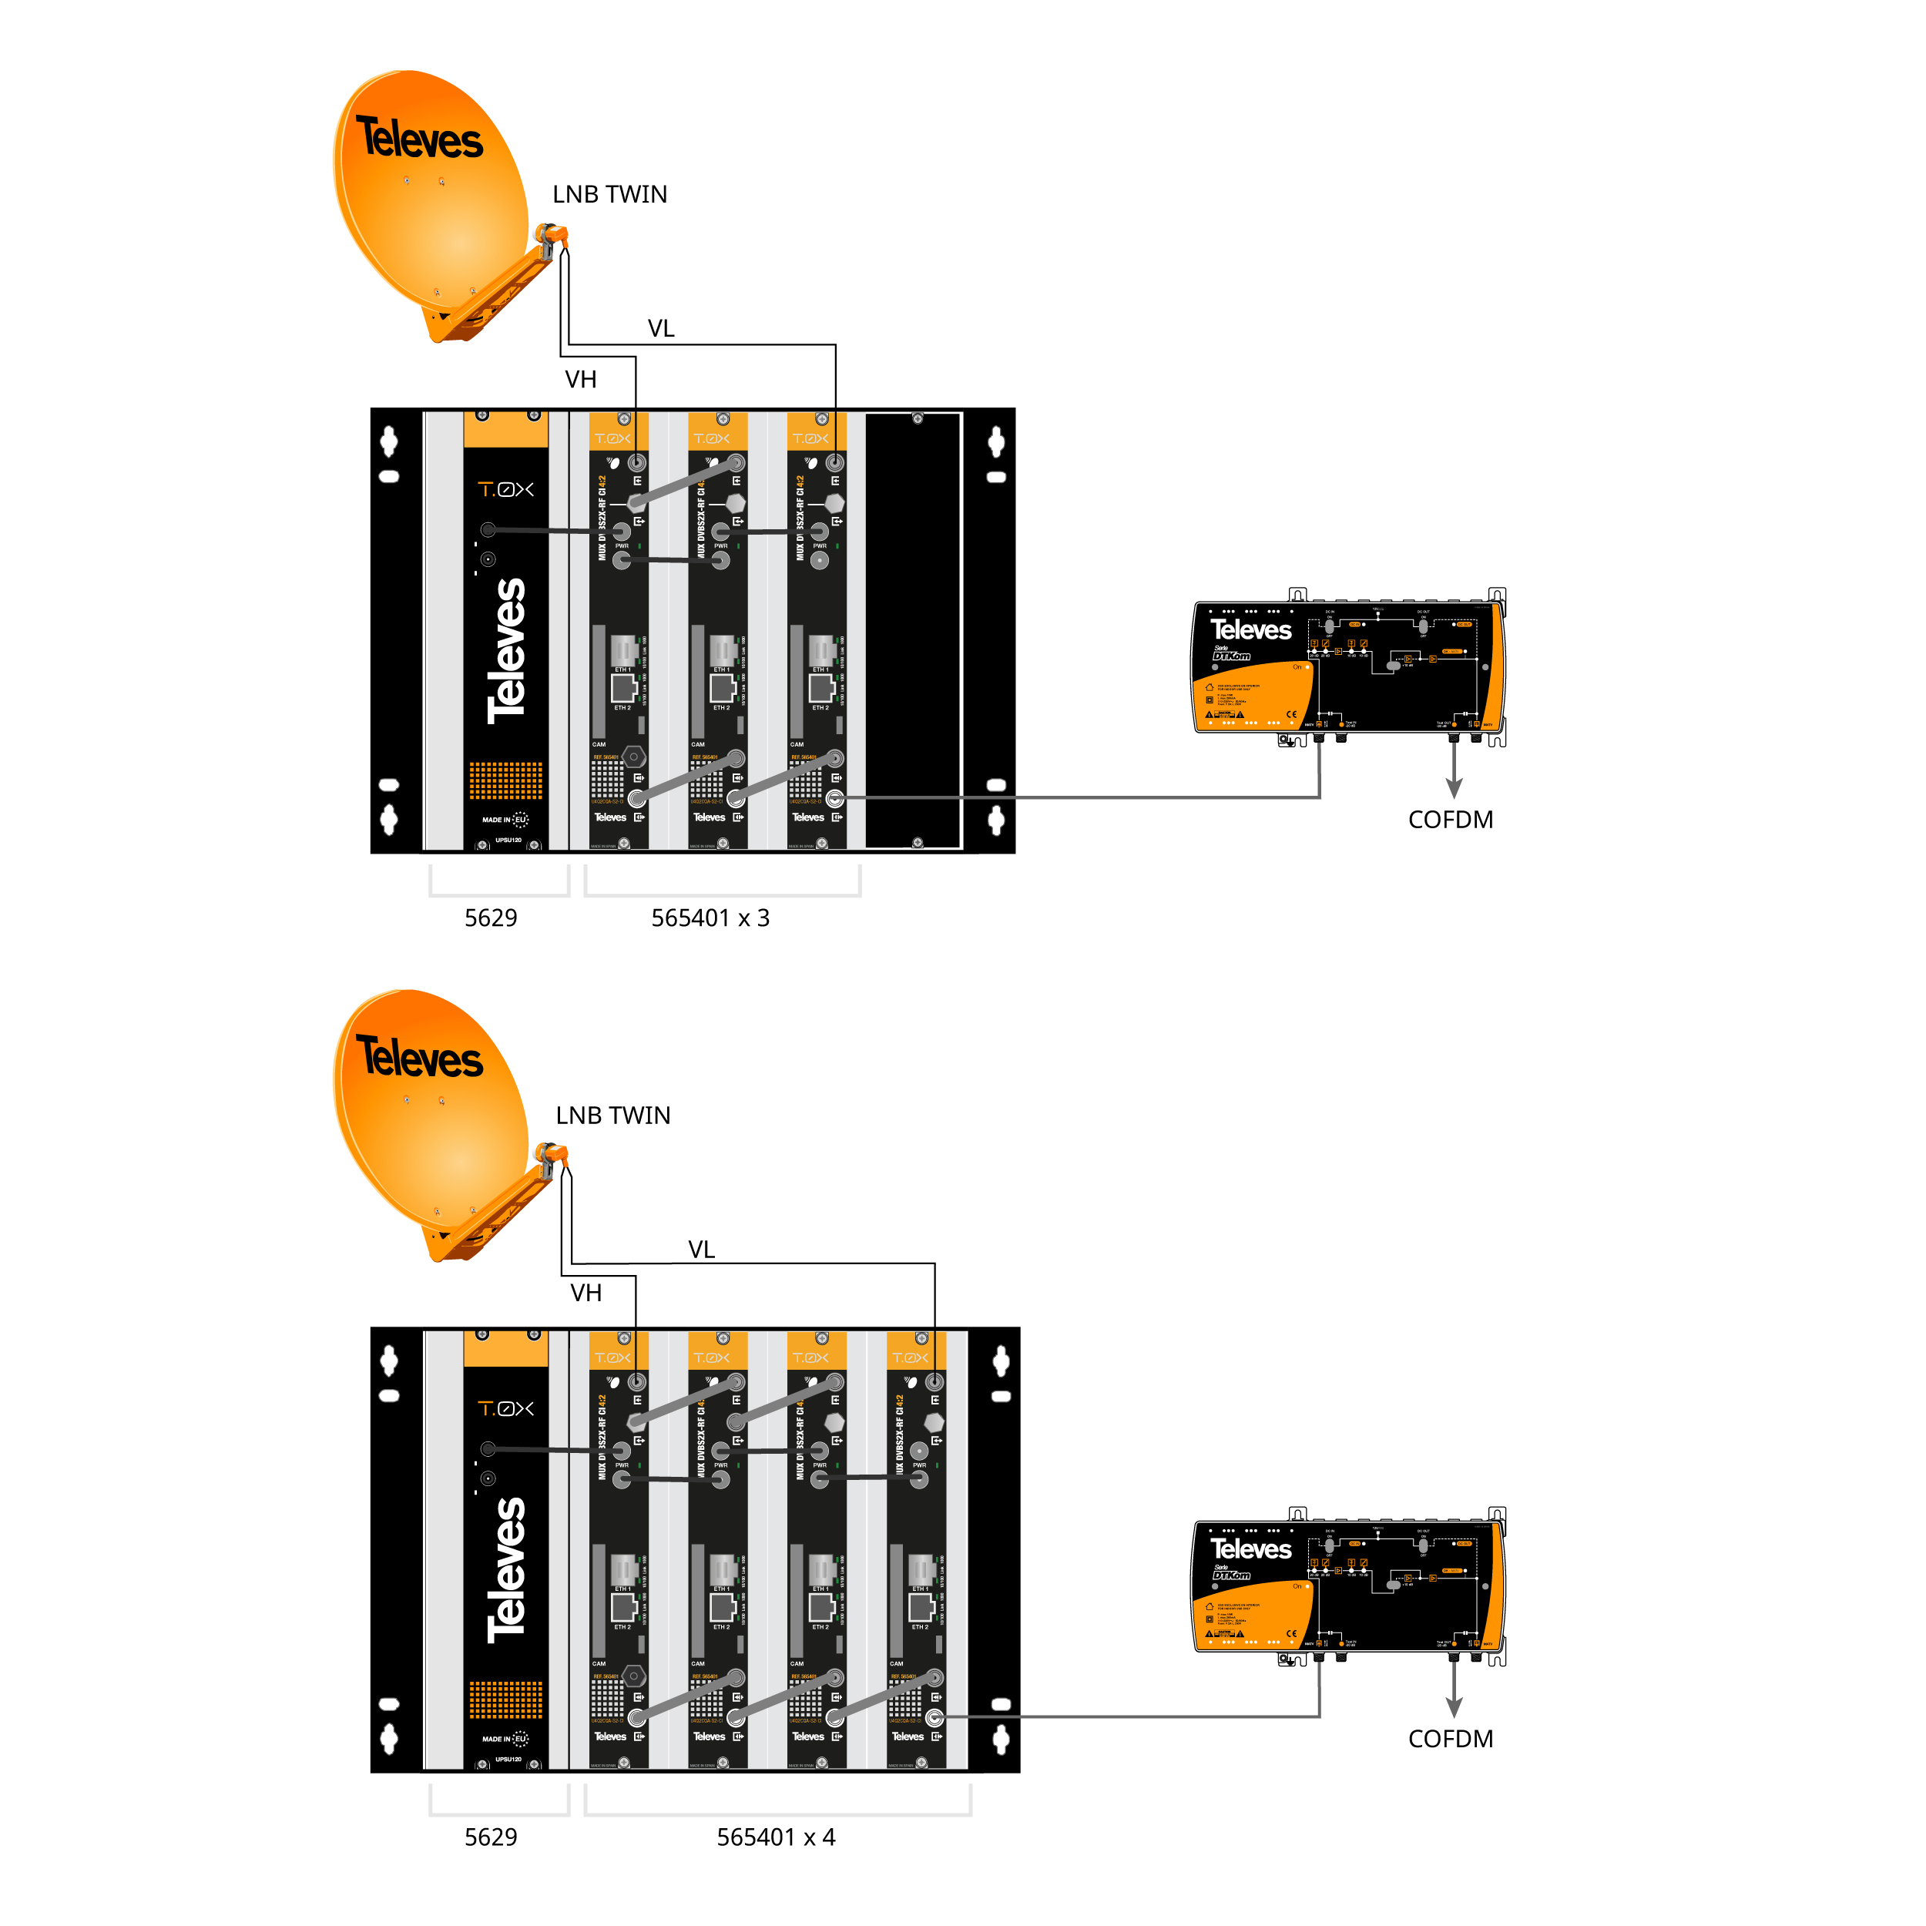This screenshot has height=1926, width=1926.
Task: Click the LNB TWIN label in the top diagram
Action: pos(609,194)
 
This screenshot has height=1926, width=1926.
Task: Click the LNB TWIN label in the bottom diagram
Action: pos(612,1115)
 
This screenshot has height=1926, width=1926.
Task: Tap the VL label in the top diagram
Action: pos(660,328)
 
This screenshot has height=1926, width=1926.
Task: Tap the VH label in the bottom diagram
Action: pos(586,1292)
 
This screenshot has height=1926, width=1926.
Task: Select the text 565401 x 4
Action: pos(776,1837)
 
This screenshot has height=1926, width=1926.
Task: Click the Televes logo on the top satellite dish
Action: pos(420,139)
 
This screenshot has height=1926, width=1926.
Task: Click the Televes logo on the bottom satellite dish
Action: pos(420,1058)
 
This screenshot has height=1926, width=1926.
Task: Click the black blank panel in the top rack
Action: pos(912,631)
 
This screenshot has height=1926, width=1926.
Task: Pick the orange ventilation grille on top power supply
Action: pos(505,780)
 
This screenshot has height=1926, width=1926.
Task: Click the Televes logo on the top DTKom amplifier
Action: pos(1250,629)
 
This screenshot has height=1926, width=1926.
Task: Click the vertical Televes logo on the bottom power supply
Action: pos(506,1570)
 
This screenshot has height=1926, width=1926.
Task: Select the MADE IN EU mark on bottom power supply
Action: pos(505,1739)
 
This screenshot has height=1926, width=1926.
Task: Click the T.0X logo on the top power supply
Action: pos(505,489)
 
